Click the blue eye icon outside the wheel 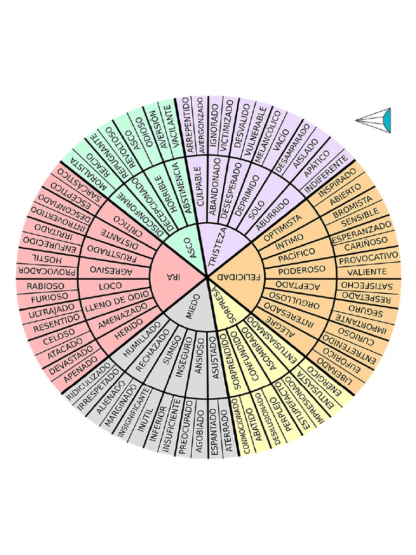coord(386,120)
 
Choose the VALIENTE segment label coord(367,272)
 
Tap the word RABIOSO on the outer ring coord(45,286)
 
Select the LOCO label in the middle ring coord(110,285)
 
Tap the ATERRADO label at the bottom coord(229,434)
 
